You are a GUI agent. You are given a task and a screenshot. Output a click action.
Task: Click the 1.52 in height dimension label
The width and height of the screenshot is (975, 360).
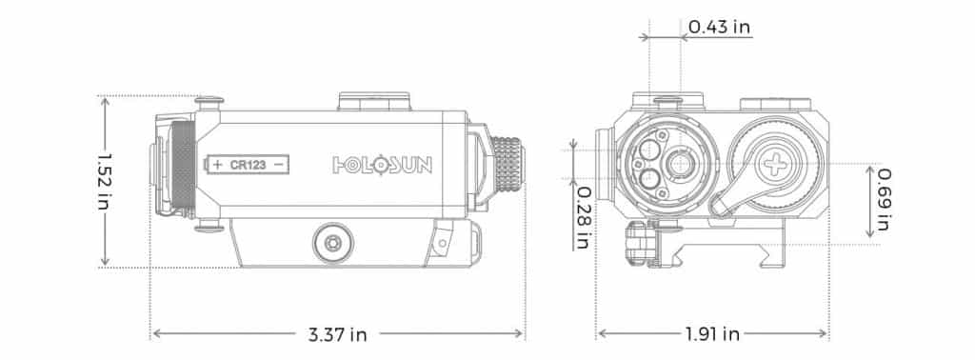pos(104,182)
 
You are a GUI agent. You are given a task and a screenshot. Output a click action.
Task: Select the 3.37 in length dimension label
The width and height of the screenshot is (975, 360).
pos(337,334)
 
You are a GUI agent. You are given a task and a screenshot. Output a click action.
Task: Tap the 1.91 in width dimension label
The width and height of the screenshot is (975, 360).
pos(712,334)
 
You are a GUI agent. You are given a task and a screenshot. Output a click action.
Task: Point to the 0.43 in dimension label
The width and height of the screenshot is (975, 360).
pos(719,27)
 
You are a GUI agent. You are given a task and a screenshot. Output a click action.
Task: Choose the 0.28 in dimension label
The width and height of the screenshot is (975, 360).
pos(582,217)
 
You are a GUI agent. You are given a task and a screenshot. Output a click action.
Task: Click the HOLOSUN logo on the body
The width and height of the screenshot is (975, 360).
pos(383,165)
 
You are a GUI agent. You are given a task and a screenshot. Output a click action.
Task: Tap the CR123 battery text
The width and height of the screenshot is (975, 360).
pos(249,165)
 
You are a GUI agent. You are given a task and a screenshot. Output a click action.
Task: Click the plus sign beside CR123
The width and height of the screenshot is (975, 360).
pos(218,165)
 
